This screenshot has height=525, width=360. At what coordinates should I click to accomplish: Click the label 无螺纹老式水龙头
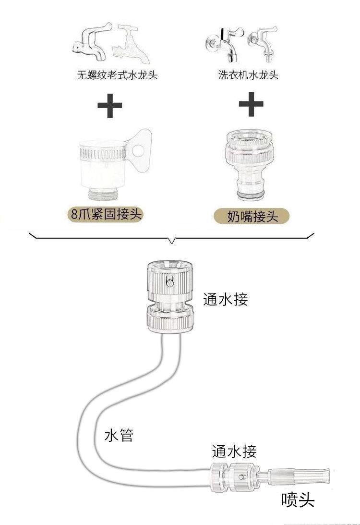click(x=117, y=75)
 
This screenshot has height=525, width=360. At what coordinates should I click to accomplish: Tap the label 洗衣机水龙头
click(x=247, y=75)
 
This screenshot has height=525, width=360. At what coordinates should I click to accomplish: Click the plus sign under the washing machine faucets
click(x=251, y=106)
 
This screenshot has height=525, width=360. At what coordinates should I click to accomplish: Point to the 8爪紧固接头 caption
click(x=106, y=215)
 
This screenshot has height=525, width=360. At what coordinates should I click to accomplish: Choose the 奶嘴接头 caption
click(x=252, y=216)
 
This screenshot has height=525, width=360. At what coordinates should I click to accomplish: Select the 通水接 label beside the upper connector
click(x=225, y=300)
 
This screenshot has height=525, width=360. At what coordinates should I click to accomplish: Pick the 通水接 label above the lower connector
click(x=234, y=452)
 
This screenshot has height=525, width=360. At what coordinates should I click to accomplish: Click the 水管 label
click(x=119, y=436)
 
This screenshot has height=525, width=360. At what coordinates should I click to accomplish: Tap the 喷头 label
click(x=298, y=501)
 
